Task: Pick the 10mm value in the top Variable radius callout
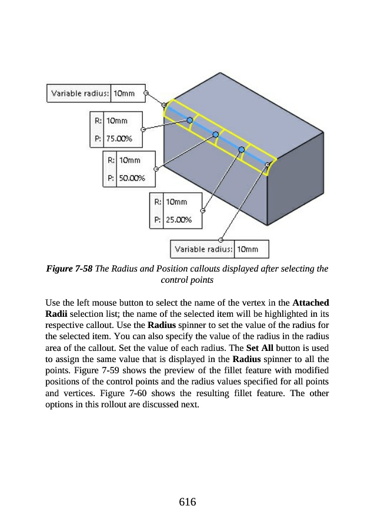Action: (x=123, y=93)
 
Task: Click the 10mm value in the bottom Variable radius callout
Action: (x=248, y=249)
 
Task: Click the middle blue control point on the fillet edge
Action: (x=216, y=134)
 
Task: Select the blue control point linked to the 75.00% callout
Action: (x=189, y=120)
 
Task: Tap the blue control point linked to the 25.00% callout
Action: (x=241, y=150)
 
